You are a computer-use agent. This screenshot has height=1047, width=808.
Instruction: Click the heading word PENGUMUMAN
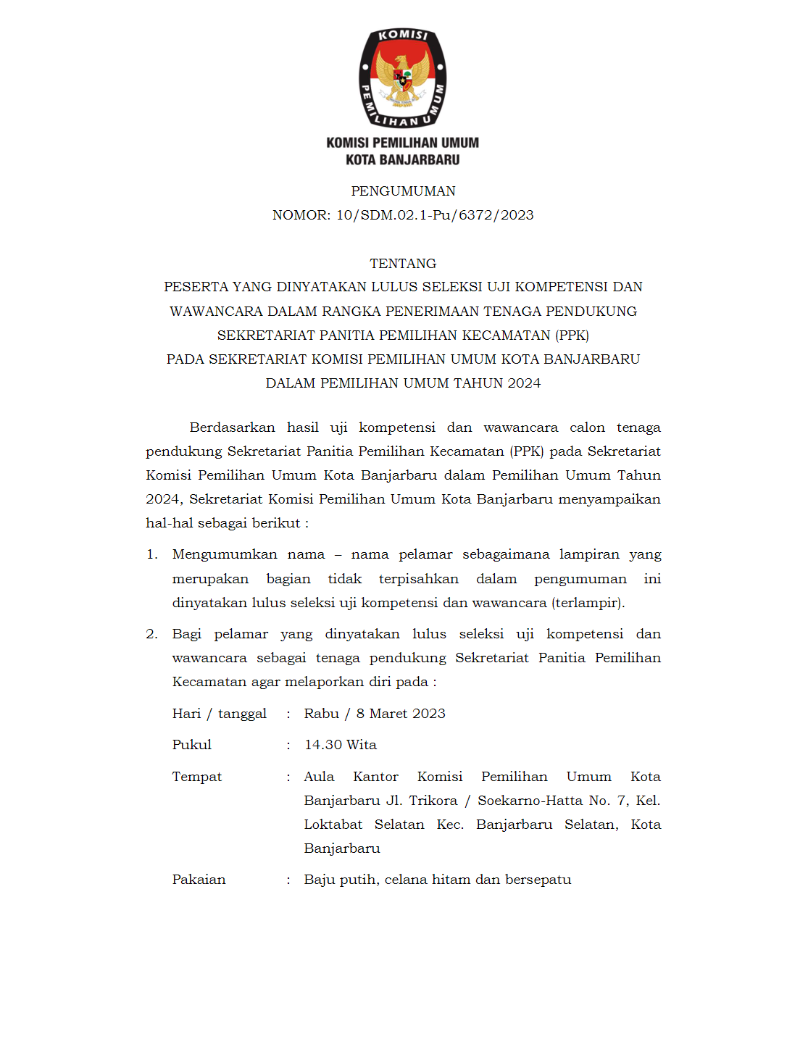click(x=403, y=191)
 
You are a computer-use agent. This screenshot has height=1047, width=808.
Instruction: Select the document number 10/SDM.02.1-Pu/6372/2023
click(x=435, y=215)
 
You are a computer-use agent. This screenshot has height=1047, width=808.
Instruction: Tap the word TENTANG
click(x=403, y=264)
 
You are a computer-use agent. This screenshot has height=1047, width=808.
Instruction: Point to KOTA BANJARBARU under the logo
click(x=403, y=160)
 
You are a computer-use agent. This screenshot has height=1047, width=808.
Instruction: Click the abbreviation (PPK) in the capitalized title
click(x=572, y=335)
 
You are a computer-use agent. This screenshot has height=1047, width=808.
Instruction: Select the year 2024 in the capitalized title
click(x=524, y=383)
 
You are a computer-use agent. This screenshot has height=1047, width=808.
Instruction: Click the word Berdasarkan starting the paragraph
click(x=232, y=427)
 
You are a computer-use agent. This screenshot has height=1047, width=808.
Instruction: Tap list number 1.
click(x=151, y=555)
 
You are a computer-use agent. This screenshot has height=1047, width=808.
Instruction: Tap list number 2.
click(x=151, y=635)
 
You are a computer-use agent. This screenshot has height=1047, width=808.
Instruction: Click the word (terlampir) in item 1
click(x=588, y=603)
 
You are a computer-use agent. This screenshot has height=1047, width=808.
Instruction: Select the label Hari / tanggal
click(x=219, y=714)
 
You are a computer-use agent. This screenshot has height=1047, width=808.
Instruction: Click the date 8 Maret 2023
click(x=401, y=714)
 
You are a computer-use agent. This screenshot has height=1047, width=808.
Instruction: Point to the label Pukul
click(x=191, y=745)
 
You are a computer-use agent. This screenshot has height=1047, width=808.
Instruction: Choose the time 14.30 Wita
click(x=340, y=745)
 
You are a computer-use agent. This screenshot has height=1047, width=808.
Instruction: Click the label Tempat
click(x=196, y=777)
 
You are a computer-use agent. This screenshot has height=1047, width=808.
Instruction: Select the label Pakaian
click(x=199, y=880)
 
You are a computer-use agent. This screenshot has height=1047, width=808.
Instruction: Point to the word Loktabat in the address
click(x=333, y=825)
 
